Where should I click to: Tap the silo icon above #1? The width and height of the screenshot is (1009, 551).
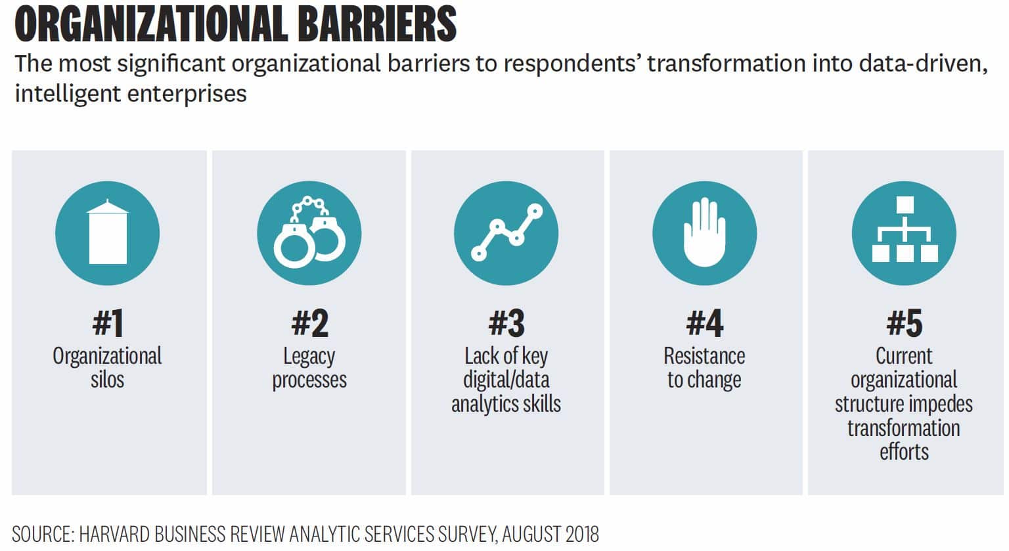[x=107, y=233]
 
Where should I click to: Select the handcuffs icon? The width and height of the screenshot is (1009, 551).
[x=309, y=233]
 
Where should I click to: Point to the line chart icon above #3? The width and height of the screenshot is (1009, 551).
[x=506, y=233]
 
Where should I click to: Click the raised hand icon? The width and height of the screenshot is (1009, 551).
[x=704, y=233]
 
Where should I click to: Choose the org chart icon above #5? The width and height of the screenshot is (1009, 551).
[x=904, y=233]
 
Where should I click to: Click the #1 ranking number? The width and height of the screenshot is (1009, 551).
[x=107, y=323]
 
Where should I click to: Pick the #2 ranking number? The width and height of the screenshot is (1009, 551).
[x=309, y=323]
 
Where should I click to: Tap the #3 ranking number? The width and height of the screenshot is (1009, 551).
[x=506, y=323]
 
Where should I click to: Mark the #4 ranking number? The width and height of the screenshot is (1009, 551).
[x=704, y=323]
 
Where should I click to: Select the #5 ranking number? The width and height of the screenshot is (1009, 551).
[x=904, y=323]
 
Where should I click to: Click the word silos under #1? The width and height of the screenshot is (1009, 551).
[x=107, y=380]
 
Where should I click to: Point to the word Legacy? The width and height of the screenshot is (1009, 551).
[x=309, y=357]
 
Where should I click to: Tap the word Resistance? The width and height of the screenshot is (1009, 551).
[x=704, y=356]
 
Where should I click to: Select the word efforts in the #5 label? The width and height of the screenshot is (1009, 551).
[x=904, y=452]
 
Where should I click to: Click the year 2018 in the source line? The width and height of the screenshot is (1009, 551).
[x=578, y=534]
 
